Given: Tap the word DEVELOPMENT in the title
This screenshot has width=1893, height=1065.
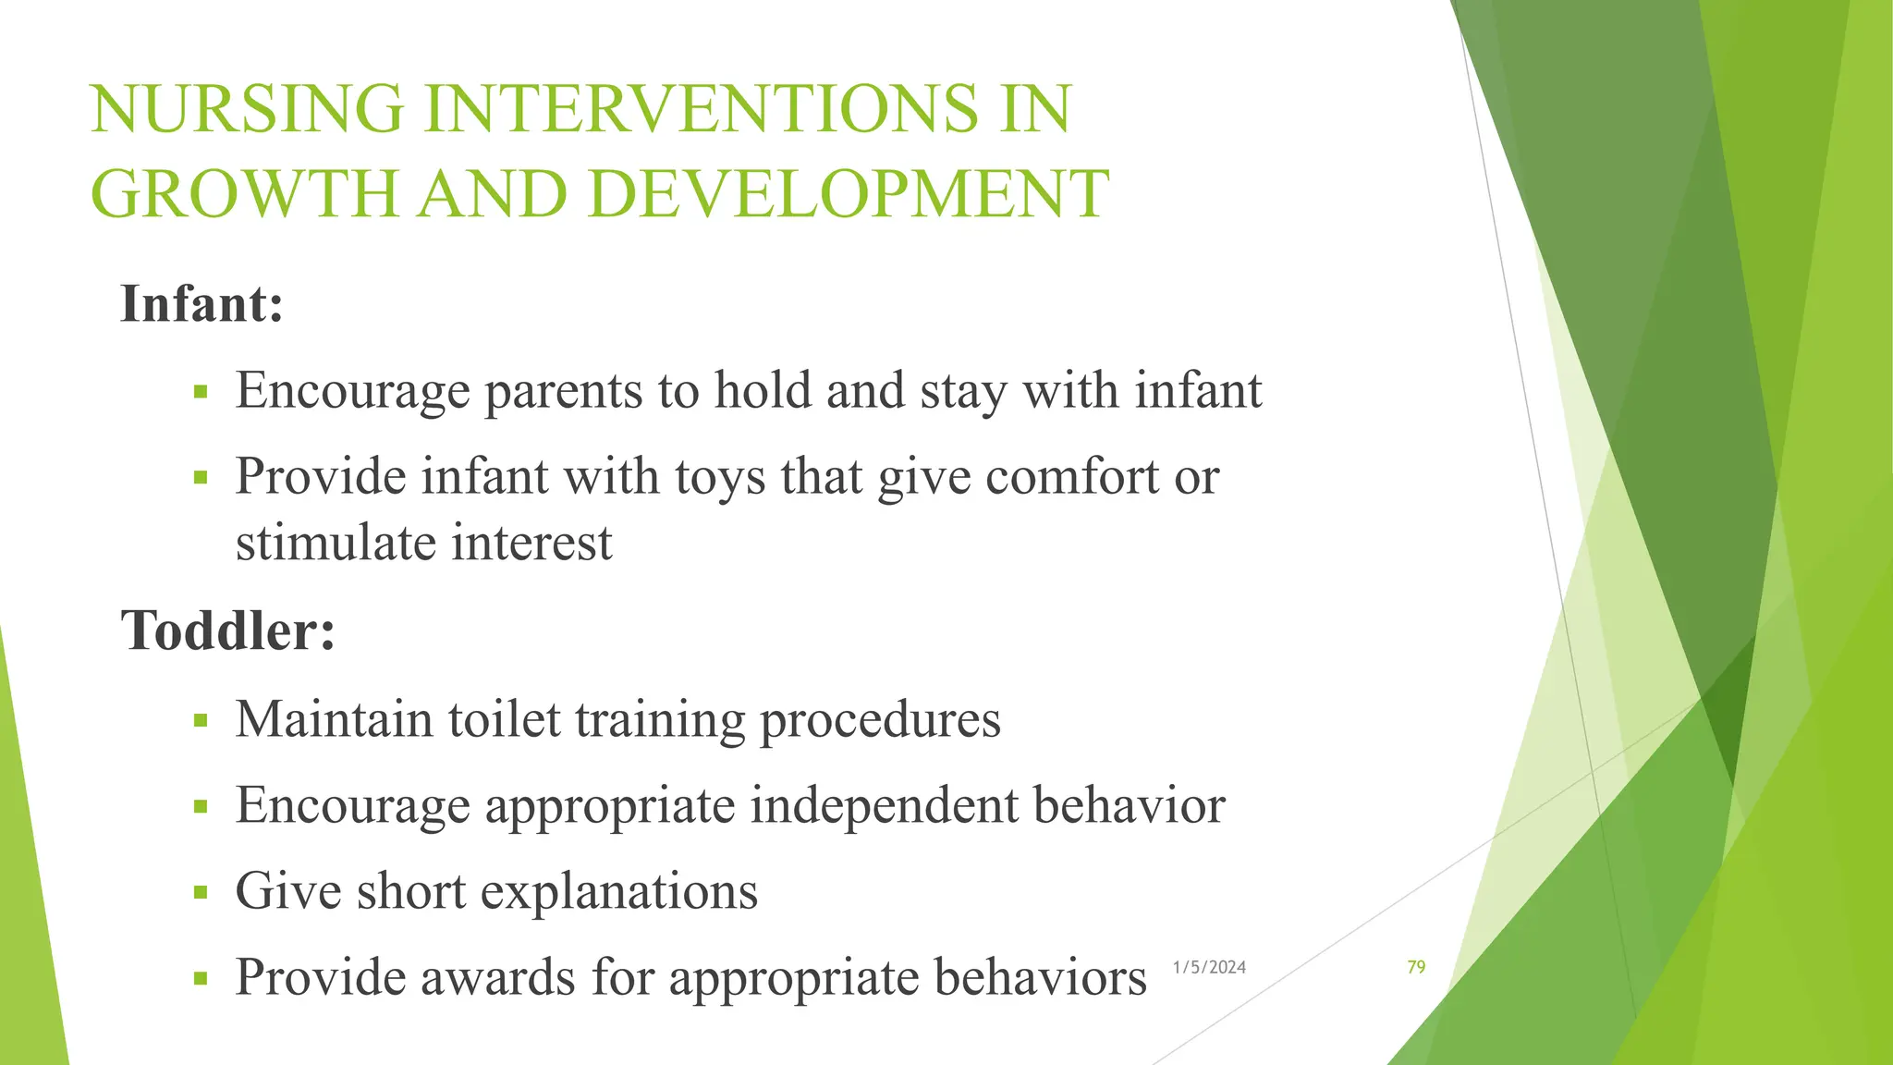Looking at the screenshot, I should [848, 194].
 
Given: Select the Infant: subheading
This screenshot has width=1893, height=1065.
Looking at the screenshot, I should [202, 303].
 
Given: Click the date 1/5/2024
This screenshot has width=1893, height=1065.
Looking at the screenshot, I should [1209, 967].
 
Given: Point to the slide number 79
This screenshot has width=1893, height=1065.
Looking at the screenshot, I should [1416, 967].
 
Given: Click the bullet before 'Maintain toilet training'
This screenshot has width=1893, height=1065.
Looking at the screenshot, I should [201, 721].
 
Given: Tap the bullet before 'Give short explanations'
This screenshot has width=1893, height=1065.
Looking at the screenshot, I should [201, 893].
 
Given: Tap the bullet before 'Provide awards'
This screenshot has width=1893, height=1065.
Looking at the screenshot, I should [201, 979].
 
